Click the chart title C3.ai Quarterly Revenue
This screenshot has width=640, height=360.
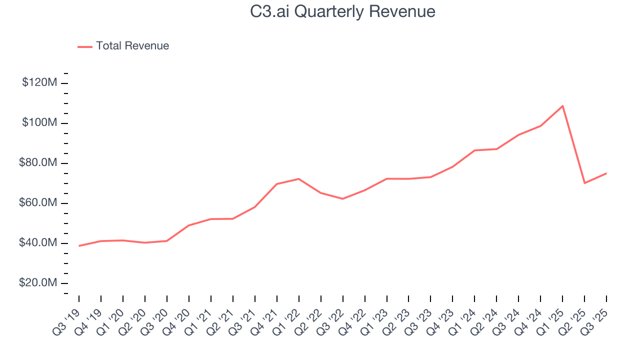pyautogui.click(x=342, y=11)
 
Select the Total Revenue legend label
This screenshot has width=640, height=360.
pyautogui.click(x=132, y=46)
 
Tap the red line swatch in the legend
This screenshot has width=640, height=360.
pyautogui.click(x=85, y=46)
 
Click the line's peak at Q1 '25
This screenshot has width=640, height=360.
pyautogui.click(x=562, y=106)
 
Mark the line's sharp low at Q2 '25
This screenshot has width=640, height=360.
pyautogui.click(x=584, y=183)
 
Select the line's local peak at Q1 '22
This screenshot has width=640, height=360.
pyautogui.click(x=298, y=178)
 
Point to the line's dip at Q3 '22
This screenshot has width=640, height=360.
pyautogui.click(x=342, y=198)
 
